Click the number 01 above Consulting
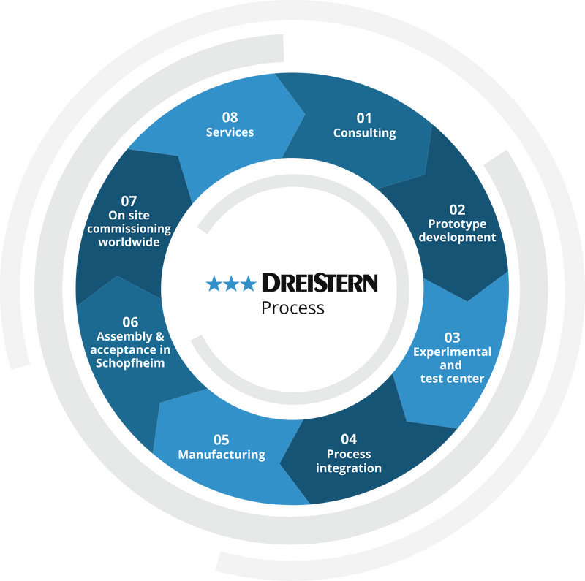(x=364, y=118)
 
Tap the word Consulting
(x=364, y=133)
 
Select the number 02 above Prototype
(x=457, y=210)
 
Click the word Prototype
(x=457, y=224)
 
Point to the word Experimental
(x=452, y=352)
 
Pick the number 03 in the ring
(x=452, y=338)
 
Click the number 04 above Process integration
(x=349, y=439)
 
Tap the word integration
(x=349, y=468)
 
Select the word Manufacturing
(x=222, y=455)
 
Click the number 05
(x=222, y=440)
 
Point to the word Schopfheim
(x=130, y=362)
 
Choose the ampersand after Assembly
(x=159, y=336)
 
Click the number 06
(x=130, y=322)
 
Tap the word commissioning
(x=129, y=229)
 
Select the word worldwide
(x=129, y=242)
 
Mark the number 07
(x=129, y=202)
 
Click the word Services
(x=230, y=132)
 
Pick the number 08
(x=230, y=118)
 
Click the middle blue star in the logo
(x=231, y=284)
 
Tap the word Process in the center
(x=293, y=308)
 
